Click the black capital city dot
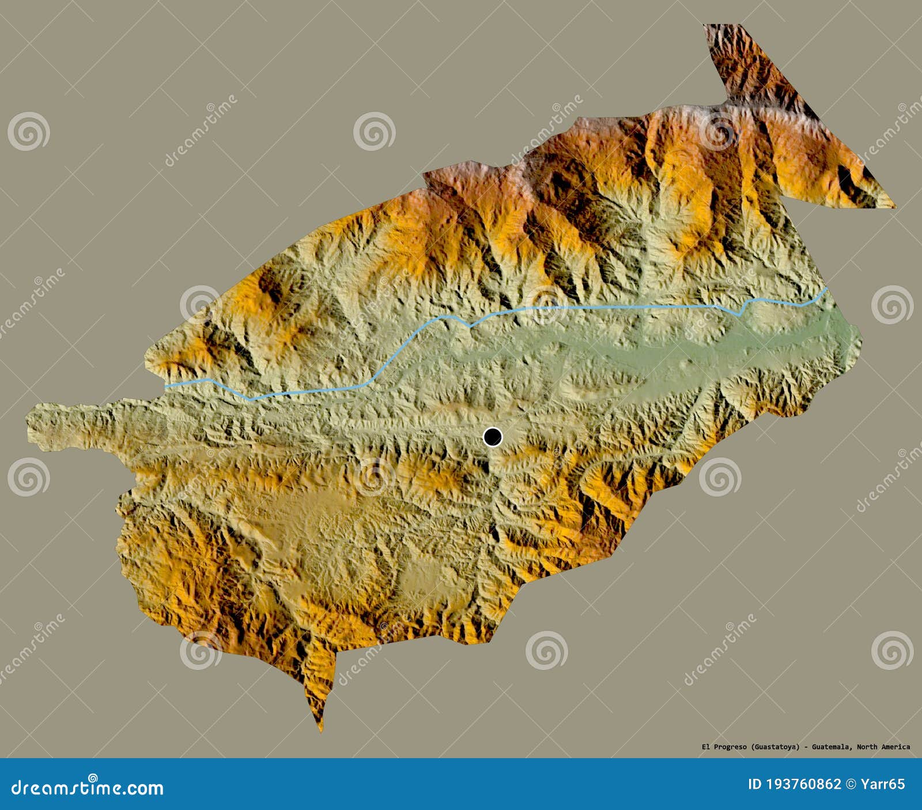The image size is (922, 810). pyautogui.click(x=493, y=437)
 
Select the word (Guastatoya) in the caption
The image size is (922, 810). pyautogui.click(x=775, y=747)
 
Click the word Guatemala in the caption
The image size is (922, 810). pyautogui.click(x=830, y=747)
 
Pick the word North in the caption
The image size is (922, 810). pyautogui.click(x=867, y=747)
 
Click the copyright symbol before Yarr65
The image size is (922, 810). pyautogui.click(x=851, y=784)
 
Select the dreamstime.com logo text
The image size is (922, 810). pyautogui.click(x=88, y=788)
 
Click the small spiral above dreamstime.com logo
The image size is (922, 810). pyautogui.click(x=92, y=778)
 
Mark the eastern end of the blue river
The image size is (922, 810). pyautogui.click(x=827, y=289)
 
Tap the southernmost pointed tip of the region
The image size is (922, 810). pyautogui.click(x=321, y=730)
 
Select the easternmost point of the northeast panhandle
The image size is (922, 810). pyautogui.click(x=895, y=206)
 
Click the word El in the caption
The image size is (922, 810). pyautogui.click(x=705, y=747)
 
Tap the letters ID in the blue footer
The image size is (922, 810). pyautogui.click(x=754, y=784)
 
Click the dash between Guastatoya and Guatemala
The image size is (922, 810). pyautogui.click(x=806, y=747)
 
